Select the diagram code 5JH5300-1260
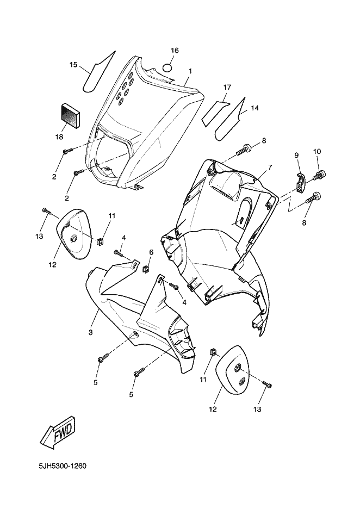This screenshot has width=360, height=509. (x=63, y=467)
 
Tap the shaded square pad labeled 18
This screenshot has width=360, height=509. (x=70, y=114)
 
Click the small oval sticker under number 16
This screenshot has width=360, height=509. (x=167, y=68)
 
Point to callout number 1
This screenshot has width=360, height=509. (x=190, y=71)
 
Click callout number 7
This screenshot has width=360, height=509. (x=270, y=167)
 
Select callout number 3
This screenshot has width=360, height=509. (x=91, y=332)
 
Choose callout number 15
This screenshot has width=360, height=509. (x=73, y=65)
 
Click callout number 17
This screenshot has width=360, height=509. (x=227, y=88)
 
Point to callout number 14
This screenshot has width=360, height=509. (x=255, y=108)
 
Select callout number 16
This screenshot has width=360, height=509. (x=175, y=51)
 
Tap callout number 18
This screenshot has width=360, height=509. (x=59, y=137)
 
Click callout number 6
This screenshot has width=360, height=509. (x=151, y=252)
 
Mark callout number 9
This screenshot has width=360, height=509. (x=296, y=155)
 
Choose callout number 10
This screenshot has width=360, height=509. (x=317, y=151)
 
